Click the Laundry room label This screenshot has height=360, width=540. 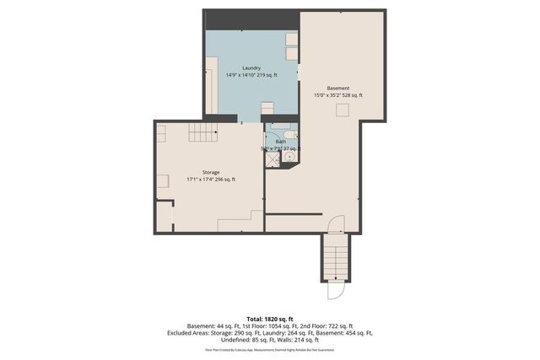251,67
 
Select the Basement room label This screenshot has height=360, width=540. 338,89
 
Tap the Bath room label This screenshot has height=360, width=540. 281,142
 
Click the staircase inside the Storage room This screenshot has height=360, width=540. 202,132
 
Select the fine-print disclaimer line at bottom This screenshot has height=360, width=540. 270,349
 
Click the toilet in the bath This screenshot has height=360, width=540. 290,136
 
